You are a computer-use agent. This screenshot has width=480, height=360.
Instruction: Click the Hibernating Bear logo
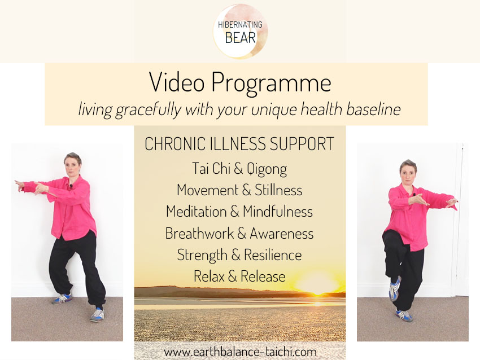240,31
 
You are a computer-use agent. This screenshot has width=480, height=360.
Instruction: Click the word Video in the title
176,84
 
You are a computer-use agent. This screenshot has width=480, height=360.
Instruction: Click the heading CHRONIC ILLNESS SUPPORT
239,144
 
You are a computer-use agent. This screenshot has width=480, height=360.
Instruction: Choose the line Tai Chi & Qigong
239,168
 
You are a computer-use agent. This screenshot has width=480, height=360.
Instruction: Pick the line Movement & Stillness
239,190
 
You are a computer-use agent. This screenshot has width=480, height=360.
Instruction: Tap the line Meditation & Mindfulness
239,212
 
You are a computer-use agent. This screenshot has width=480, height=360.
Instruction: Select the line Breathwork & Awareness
239,233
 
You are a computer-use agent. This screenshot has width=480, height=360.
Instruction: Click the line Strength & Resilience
239,254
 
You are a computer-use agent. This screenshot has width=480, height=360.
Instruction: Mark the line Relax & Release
239,276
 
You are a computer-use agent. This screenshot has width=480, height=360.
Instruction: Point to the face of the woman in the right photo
408,170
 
